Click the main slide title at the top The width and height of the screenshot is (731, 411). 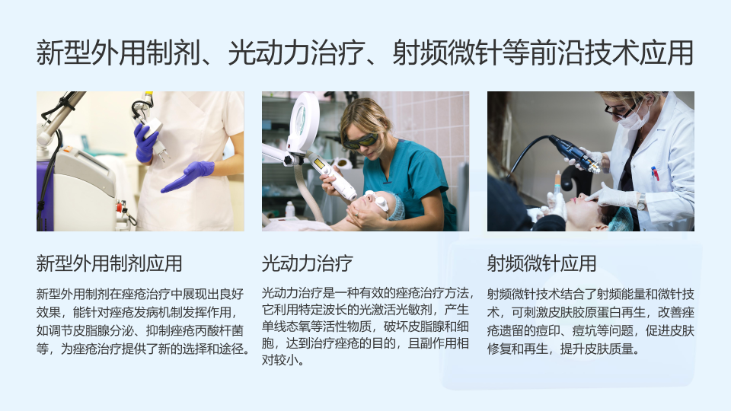[365, 53]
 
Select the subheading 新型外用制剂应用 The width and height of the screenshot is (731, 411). [109, 263]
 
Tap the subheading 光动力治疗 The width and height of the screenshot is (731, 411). [307, 263]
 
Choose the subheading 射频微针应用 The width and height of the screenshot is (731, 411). [541, 263]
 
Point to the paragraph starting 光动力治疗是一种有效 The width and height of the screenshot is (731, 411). [367, 327]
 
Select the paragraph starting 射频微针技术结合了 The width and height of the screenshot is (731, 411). [591, 321]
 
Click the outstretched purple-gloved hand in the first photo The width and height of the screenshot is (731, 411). [188, 176]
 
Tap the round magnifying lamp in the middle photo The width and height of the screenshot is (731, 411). [303, 120]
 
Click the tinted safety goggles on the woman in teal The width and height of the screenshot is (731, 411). [359, 141]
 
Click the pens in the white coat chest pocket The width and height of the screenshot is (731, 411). [655, 174]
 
